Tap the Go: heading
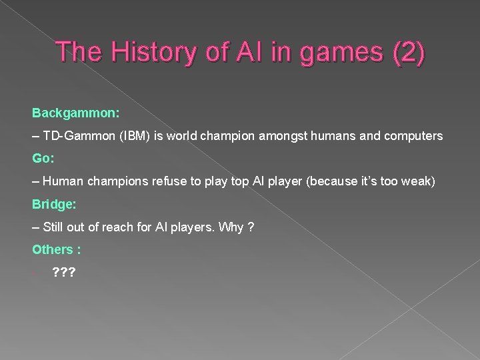[43, 159]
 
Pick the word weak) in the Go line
[419, 181]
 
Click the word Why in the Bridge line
[220, 227]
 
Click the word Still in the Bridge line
[55, 227]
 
